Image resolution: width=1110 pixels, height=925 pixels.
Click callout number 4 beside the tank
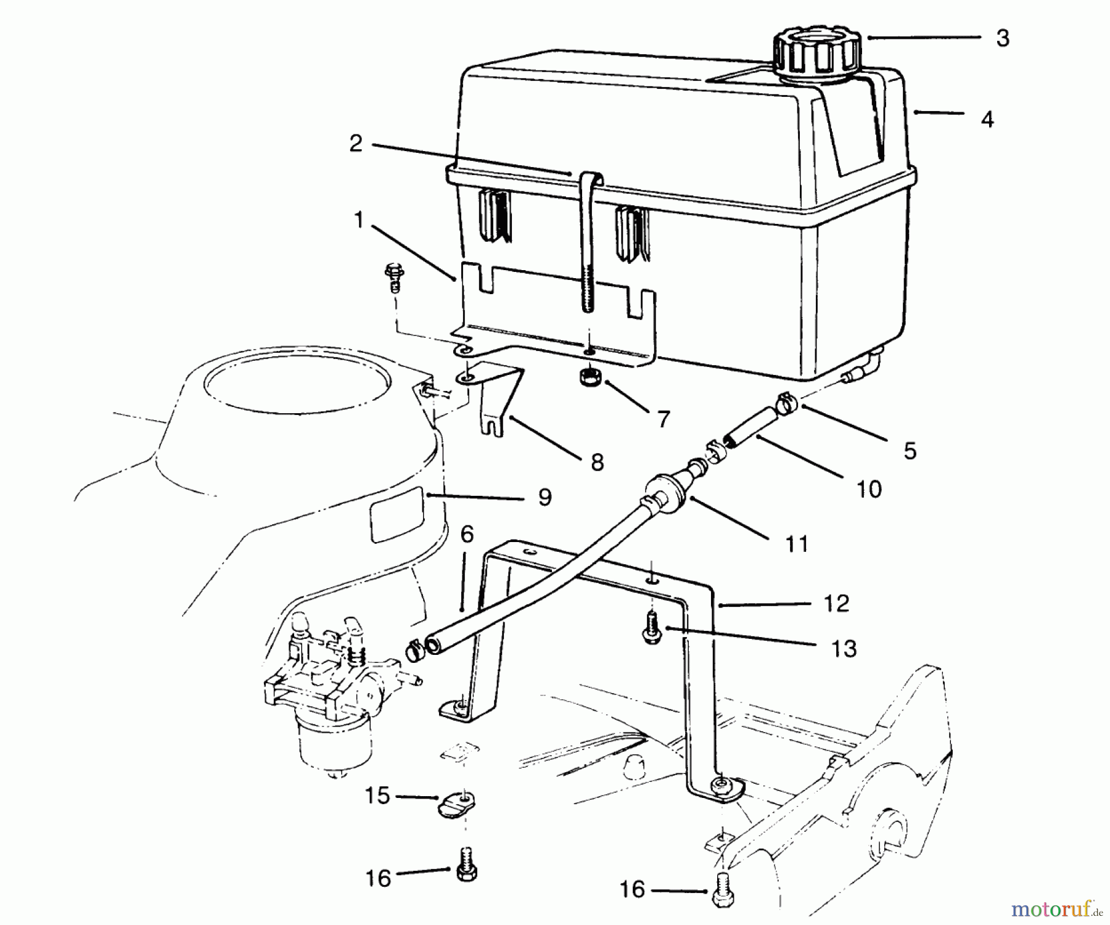(x=987, y=119)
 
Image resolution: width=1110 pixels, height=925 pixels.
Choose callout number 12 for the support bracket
(x=836, y=603)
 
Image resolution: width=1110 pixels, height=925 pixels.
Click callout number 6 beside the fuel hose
(x=467, y=535)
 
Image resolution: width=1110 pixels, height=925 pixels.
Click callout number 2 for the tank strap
(x=356, y=143)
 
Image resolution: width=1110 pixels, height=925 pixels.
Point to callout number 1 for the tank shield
(x=360, y=220)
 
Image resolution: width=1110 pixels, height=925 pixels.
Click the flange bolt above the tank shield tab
(x=393, y=275)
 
